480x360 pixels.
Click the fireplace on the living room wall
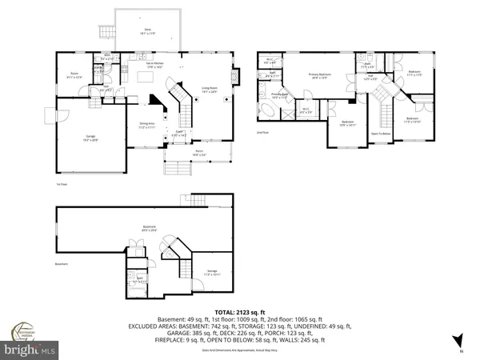click(x=235, y=78)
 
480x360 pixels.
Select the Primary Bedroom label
click(x=319, y=76)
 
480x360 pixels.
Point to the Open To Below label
click(x=380, y=133)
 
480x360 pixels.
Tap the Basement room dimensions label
click(x=145, y=230)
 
